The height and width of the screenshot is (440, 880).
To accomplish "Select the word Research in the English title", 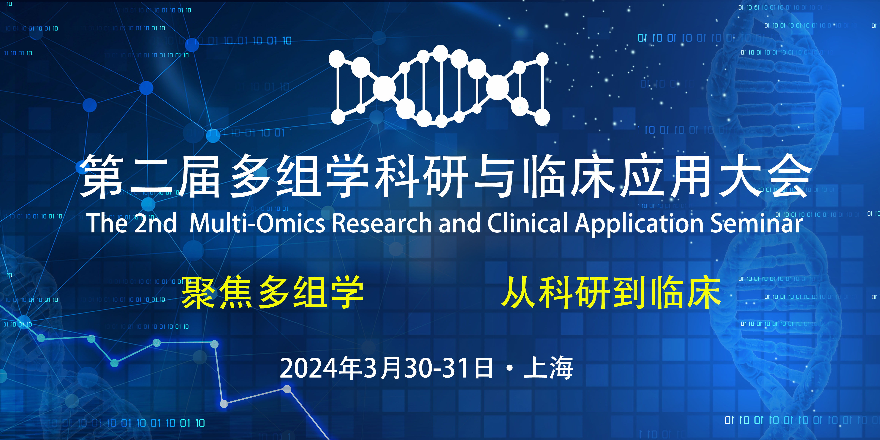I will (382, 223).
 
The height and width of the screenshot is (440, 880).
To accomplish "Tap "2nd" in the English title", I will (155, 223).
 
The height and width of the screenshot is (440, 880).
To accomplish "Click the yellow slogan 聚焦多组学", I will (272, 292).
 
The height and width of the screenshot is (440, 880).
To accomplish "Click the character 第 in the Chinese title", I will (101, 176).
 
